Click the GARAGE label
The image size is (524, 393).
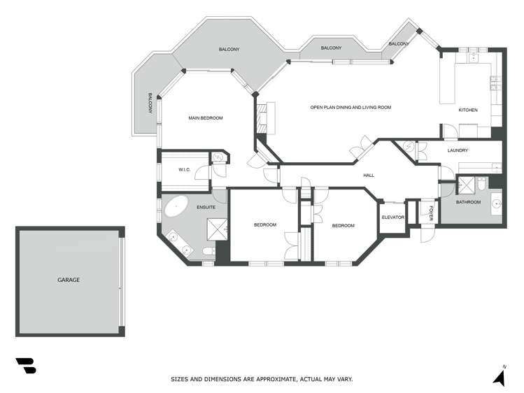pyautogui.click(x=69, y=280)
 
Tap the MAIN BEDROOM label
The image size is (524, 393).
pyautogui.click(x=206, y=118)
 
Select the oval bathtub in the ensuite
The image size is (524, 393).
pyautogui.click(x=176, y=206)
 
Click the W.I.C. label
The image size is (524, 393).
pyautogui.click(x=184, y=170)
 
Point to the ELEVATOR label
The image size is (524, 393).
pyautogui.click(x=393, y=217)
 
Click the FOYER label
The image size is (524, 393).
pyautogui.click(x=431, y=213)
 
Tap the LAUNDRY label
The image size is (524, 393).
pyautogui.click(x=458, y=150)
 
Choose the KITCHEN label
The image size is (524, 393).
pyautogui.click(x=468, y=110)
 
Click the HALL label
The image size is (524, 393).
pyautogui.click(x=369, y=175)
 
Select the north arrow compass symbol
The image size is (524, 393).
pyautogui.click(x=500, y=377)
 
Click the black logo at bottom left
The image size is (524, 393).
pyautogui.click(x=26, y=366)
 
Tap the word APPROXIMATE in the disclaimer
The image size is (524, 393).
pyautogui.click(x=276, y=379)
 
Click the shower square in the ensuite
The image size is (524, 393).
pyautogui.click(x=217, y=229)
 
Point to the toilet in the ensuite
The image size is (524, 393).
pyautogui.click(x=209, y=251)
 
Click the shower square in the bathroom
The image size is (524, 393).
pyautogui.click(x=466, y=185)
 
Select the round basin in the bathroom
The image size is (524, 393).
pyautogui.click(x=497, y=203)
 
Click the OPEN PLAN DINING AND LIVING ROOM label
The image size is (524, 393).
pyautogui.click(x=350, y=107)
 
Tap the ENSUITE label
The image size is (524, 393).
pyautogui.click(x=206, y=208)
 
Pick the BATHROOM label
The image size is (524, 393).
pyautogui.click(x=468, y=202)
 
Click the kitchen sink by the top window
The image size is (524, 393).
pyautogui.click(x=473, y=58)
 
